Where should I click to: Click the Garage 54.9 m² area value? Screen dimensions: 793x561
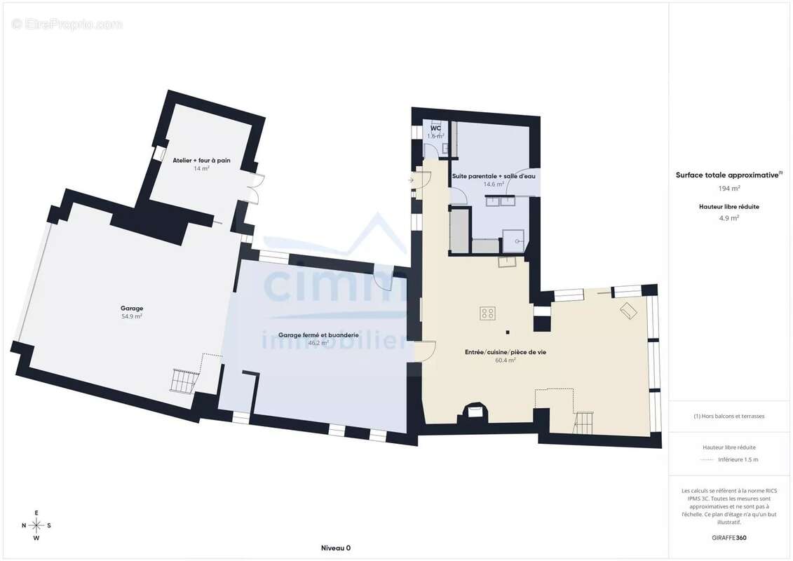(x=132, y=317)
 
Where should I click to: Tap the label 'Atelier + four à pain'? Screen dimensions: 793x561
(x=201, y=161)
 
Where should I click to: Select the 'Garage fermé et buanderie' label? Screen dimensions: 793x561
(x=318, y=335)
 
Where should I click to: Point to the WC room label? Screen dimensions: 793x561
(x=435, y=128)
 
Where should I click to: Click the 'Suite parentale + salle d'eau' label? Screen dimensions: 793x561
(x=494, y=176)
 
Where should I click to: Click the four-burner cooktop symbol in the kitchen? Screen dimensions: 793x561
(x=487, y=313)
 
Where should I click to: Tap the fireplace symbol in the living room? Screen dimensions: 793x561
(x=475, y=411)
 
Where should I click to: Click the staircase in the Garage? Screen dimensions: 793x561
(x=182, y=381)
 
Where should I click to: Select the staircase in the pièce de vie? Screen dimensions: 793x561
(x=583, y=423)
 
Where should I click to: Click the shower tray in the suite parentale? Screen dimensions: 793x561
(x=513, y=241)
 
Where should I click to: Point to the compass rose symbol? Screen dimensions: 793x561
(x=36, y=526)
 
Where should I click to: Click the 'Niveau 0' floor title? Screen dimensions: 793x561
(x=336, y=548)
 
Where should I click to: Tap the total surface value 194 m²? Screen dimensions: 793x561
(x=729, y=188)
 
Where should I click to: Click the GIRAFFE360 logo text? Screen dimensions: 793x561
(x=728, y=538)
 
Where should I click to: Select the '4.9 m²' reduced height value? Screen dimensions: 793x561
(x=728, y=218)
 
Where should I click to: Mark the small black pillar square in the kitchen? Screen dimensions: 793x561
(x=507, y=332)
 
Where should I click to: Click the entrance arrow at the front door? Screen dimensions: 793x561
(x=409, y=180)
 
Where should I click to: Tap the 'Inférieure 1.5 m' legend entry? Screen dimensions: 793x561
(x=738, y=460)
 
